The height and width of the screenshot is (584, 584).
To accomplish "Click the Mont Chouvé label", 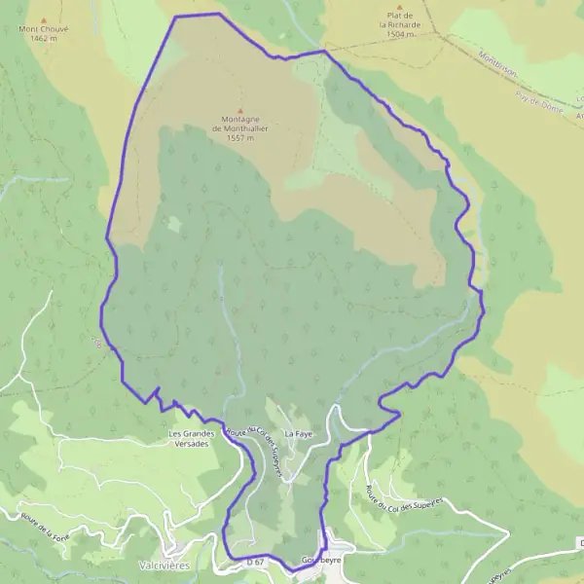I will point(45,29).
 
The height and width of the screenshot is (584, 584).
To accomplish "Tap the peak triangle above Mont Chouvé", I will point(45,18).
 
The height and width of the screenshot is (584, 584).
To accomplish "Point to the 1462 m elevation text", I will point(45,39).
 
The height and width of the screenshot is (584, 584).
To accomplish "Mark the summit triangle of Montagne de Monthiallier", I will point(239,109).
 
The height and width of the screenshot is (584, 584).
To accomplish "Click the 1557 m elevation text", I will point(239,138).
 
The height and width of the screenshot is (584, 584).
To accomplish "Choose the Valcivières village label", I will point(170,565).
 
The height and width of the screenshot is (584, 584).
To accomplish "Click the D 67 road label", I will point(256,562).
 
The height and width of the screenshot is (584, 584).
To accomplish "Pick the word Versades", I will point(191,444).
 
